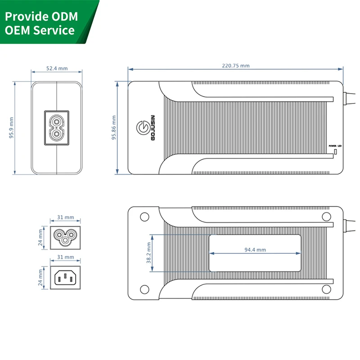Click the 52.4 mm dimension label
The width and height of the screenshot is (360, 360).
coord(57,68)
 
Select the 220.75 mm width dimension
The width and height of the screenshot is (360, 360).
coord(235,66)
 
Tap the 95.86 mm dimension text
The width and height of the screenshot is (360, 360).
coord(114,128)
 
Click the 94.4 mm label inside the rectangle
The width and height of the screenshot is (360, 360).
coord(255,250)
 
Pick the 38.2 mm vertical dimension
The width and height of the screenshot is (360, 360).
coord(148,253)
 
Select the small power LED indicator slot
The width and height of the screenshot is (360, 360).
coord(335,153)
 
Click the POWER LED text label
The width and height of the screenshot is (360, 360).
coord(335,146)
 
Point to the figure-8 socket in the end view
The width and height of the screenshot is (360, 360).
coord(57,128)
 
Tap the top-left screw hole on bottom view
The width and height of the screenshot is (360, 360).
coord(144,216)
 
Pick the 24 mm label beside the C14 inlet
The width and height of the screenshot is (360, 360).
coord(40,277)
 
